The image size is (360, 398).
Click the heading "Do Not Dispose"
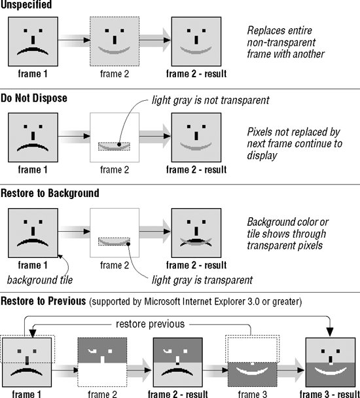click(34, 98)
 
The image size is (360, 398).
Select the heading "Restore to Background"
click(50, 193)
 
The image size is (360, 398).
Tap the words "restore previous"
click(150, 324)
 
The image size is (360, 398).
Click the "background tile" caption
click(40, 280)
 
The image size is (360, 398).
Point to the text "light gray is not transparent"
click(211, 100)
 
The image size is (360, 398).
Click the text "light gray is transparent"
click(202, 280)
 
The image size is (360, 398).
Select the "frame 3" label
click(253, 394)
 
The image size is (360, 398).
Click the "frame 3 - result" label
click(329, 394)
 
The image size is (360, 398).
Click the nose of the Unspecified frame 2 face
click(115, 40)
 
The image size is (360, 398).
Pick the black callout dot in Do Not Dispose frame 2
click(119, 145)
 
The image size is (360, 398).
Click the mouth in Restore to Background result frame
click(196, 241)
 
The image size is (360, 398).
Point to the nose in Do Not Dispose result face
click(196, 136)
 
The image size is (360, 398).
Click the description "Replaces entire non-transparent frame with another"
click(285, 42)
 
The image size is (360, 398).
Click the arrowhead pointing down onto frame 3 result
click(330, 333)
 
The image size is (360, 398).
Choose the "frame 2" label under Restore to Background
click(115, 265)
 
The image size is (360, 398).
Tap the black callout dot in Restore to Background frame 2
click(128, 244)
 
